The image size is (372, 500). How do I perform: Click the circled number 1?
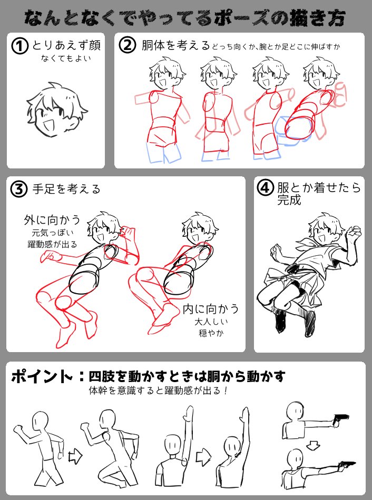coord(20,46)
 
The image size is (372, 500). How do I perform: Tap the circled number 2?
coord(128,46)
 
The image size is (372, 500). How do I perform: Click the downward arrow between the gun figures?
coord(313,445)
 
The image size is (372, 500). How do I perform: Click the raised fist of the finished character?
coord(356,232)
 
